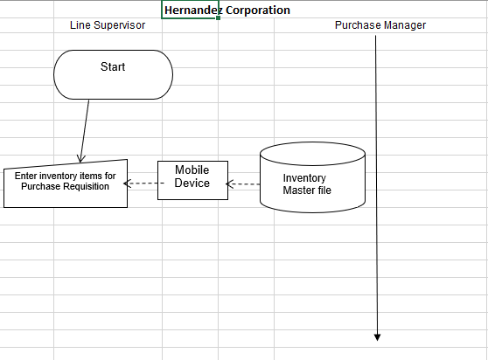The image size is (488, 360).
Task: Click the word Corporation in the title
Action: pos(254,10)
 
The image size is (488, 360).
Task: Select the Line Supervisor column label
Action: pos(108,25)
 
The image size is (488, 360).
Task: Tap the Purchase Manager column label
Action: pos(380,25)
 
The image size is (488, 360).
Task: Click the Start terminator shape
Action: pos(113,74)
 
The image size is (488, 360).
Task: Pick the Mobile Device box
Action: pos(192,179)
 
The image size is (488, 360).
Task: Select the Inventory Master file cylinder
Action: pos(312,179)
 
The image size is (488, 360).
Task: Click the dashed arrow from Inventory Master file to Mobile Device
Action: pos(244,184)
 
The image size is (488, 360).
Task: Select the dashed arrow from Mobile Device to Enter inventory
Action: pos(143,183)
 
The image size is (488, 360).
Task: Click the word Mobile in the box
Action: pos(192,170)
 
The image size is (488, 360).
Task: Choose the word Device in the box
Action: pos(192,183)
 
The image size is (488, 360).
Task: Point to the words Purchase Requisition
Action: pos(66,187)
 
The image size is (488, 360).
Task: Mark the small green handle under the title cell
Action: pos(217,18)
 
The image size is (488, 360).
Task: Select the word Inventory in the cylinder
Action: pos(304,178)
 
